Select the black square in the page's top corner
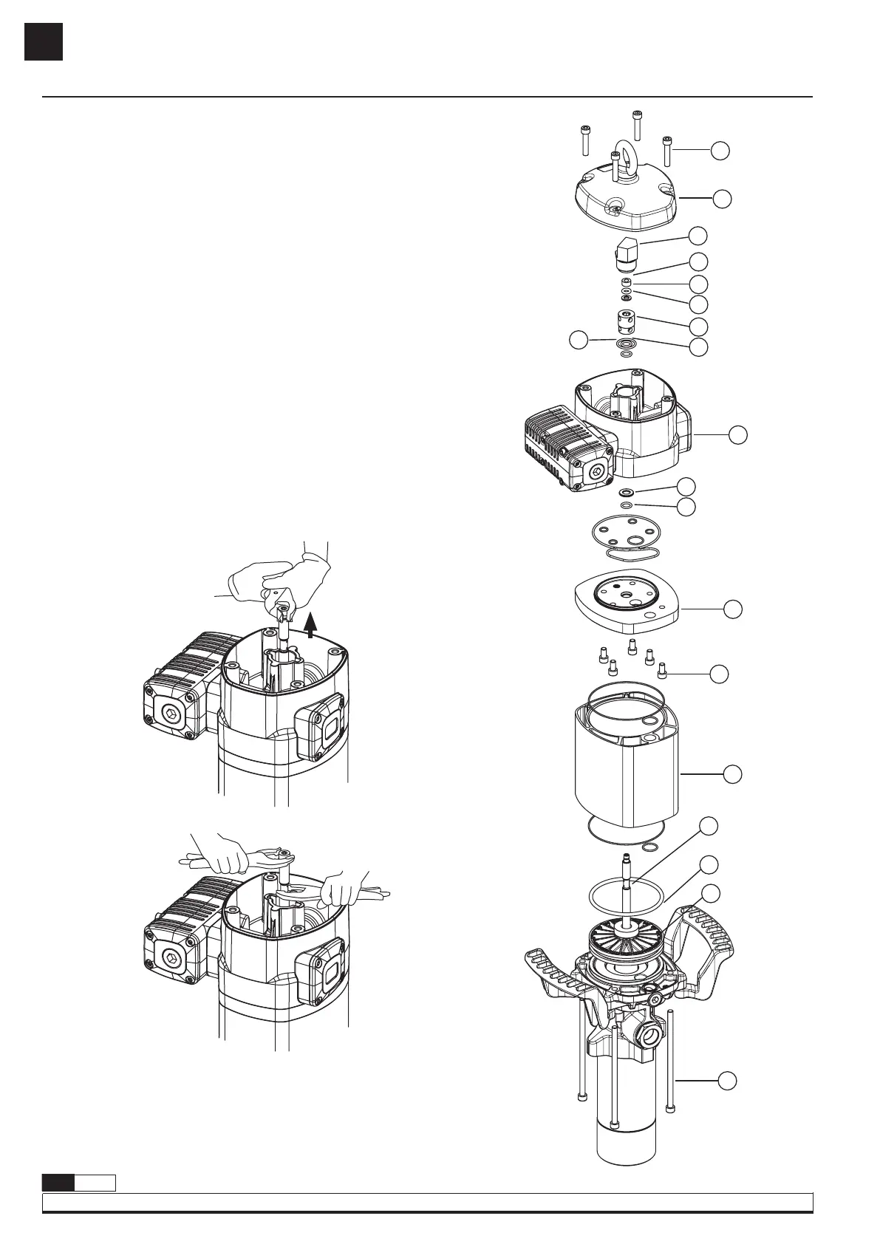pos(43,41)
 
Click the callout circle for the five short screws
pos(719,673)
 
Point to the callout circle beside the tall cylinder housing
pos(732,773)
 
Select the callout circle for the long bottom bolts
pos(728,1080)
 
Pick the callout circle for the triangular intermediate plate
pos(732,609)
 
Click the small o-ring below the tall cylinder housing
pos(651,847)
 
